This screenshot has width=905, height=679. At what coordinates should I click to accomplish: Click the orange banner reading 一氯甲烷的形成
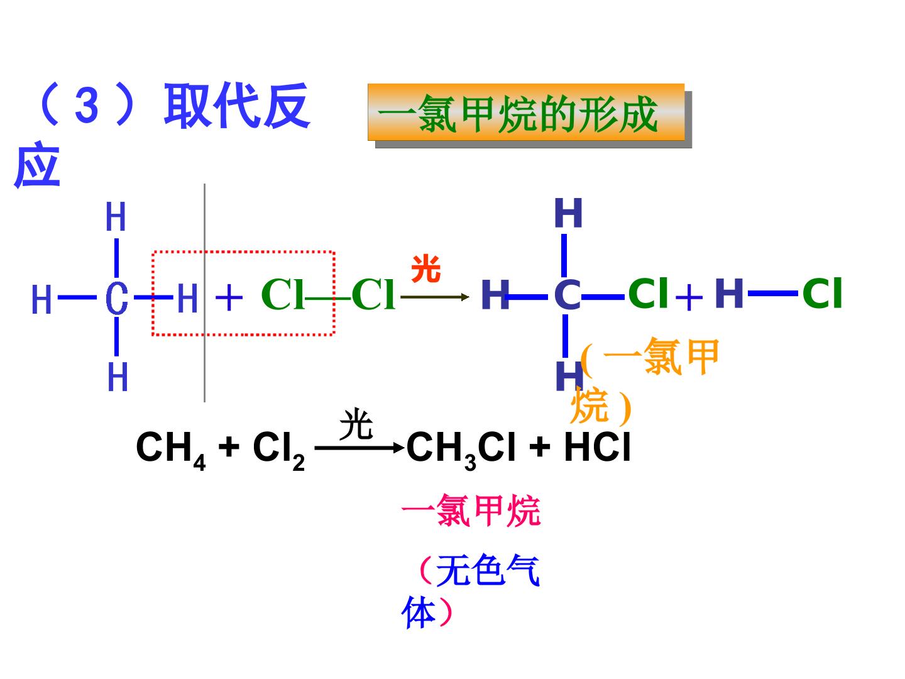point(526,112)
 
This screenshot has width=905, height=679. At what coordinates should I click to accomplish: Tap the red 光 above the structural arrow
point(426,268)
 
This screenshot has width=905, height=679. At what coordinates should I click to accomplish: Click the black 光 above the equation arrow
point(356,424)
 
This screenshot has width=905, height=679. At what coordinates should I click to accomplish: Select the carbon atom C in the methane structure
point(117,298)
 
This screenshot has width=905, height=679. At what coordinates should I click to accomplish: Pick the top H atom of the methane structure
point(116,217)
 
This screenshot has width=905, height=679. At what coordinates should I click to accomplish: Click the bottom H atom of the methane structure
point(118,377)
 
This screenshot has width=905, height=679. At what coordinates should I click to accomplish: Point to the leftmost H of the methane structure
point(41,299)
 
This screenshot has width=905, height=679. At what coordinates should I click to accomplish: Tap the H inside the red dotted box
point(187,298)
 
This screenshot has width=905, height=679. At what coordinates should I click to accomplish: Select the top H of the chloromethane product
point(568,213)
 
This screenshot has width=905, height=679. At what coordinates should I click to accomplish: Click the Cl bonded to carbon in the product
point(648,293)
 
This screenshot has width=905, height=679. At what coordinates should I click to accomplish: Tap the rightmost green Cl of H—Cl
point(821,293)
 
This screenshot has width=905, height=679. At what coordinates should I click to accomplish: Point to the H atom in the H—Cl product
point(729,293)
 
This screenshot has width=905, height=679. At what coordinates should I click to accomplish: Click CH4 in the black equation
point(171,450)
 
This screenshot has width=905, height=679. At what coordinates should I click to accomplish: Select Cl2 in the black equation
point(278,450)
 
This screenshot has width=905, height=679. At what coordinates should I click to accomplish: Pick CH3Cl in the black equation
point(461,450)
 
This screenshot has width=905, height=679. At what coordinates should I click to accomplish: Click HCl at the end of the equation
point(598,447)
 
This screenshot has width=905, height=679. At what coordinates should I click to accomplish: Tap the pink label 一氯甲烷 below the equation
point(471,511)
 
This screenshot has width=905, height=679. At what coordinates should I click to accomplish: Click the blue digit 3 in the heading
point(87,106)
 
